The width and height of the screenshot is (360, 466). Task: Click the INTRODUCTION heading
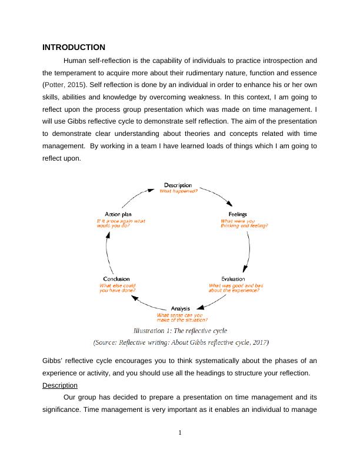pos(74,47)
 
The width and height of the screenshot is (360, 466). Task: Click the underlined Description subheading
pos(60,385)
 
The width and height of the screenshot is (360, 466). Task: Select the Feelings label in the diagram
pos(238,214)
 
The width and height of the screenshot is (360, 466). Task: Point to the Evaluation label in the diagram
pos(233,278)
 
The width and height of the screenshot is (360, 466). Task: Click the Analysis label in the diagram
pos(181,308)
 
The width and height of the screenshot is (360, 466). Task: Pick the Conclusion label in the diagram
pos(116,278)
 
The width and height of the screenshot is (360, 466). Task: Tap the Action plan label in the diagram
pos(117,214)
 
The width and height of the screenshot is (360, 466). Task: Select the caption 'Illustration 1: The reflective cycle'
pos(180,331)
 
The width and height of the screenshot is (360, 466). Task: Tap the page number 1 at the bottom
pos(181,434)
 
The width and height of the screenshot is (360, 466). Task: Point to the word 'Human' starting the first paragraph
pos(74,60)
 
